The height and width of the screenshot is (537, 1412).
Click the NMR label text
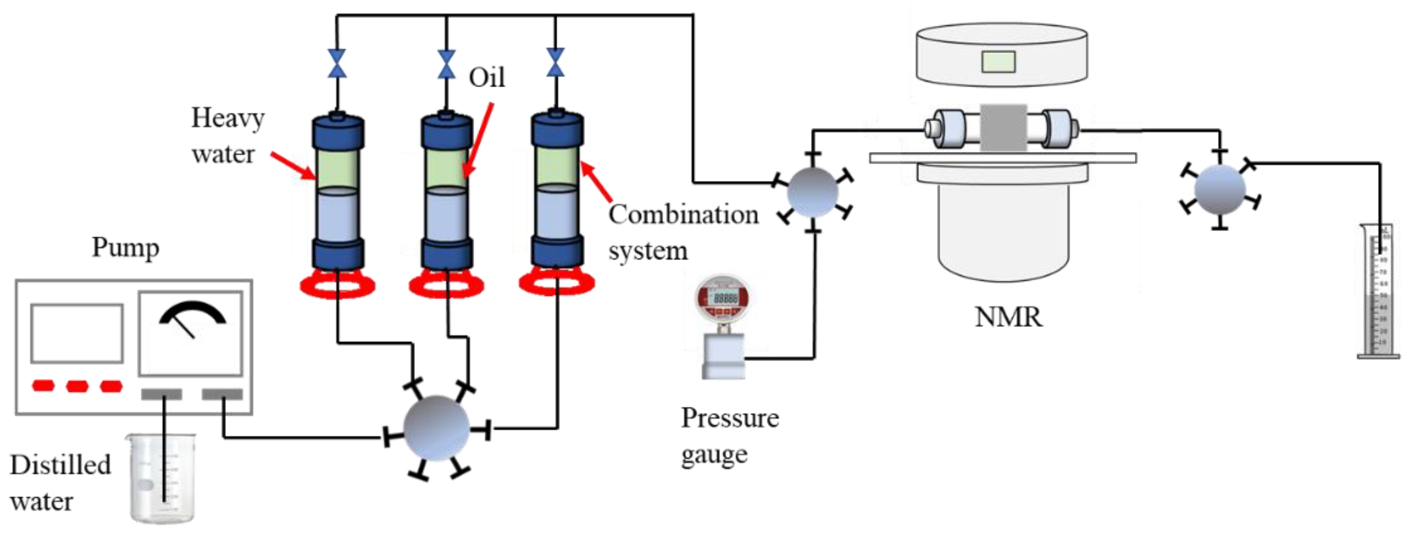pyautogui.click(x=1008, y=317)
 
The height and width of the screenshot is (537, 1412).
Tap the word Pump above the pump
pyautogui.click(x=125, y=248)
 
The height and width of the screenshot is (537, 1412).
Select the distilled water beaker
pyautogui.click(x=162, y=478)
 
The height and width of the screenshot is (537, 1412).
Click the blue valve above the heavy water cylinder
pyautogui.click(x=337, y=63)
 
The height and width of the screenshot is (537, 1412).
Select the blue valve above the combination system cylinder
pyautogui.click(x=555, y=62)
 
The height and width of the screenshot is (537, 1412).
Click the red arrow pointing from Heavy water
pyautogui.click(x=293, y=166)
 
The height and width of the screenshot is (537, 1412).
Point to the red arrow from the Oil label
pyautogui.click(x=478, y=140)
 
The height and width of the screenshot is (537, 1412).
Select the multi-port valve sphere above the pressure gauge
pyautogui.click(x=812, y=192)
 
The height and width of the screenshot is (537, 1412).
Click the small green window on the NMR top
pyautogui.click(x=998, y=61)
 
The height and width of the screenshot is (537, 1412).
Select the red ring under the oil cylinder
pyautogui.click(x=446, y=285)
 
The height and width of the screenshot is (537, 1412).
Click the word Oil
pyautogui.click(x=486, y=78)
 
